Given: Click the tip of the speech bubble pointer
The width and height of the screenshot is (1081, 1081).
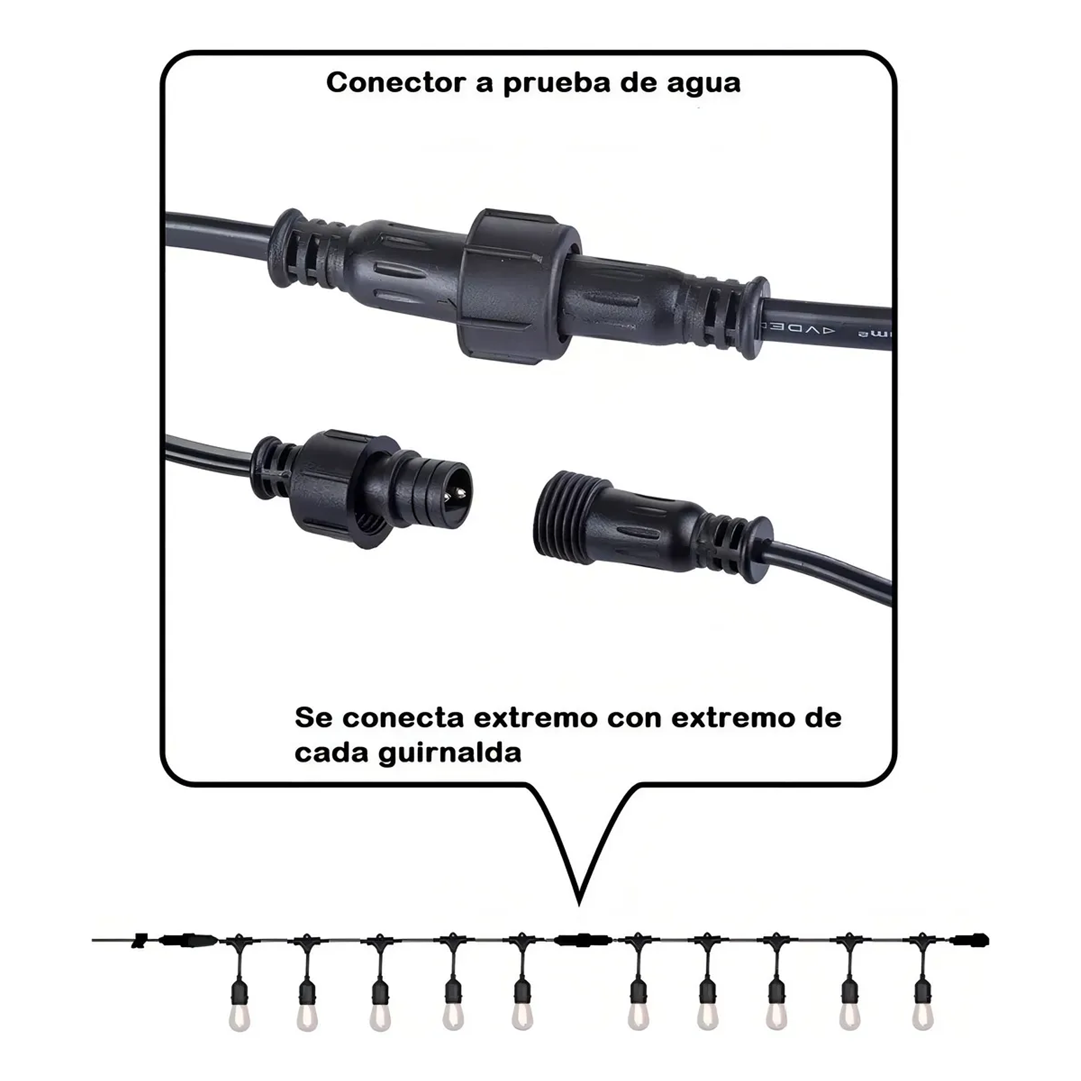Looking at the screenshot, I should tap(579, 904).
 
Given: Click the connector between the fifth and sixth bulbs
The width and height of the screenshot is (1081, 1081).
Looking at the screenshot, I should tap(582, 941).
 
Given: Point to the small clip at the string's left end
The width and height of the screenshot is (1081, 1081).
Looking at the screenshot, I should tap(140, 941).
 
